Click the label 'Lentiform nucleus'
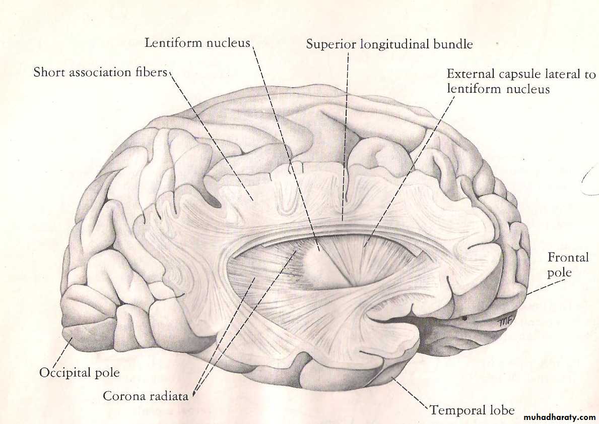pos(197,42)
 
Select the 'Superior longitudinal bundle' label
pos(389,44)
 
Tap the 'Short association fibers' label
pos(100,72)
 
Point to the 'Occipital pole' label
pos(80,373)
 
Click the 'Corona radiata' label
pos(146,396)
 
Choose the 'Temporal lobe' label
pos(472,410)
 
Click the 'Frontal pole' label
pos(568,265)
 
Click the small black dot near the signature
pos(465,318)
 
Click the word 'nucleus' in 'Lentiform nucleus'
pos(228,43)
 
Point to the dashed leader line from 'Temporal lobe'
pos(410,393)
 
